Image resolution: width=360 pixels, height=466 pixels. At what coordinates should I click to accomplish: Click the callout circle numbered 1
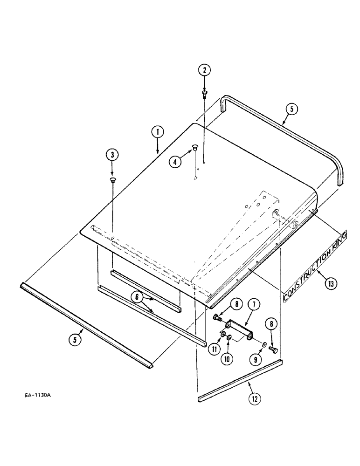[158, 132]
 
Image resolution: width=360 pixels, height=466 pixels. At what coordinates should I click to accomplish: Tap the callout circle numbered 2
[204, 71]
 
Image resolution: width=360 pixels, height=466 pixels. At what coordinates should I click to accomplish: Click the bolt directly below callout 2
[204, 95]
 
